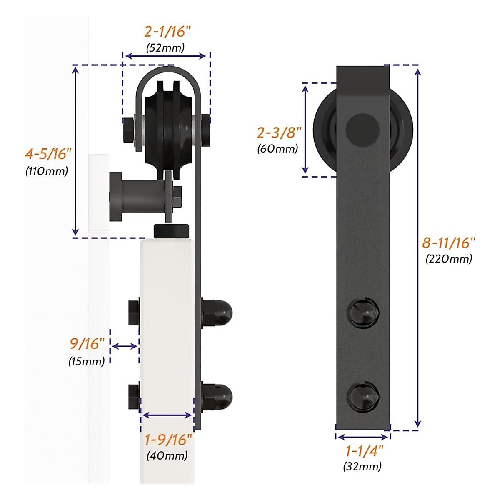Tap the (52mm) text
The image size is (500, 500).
coord(165,47)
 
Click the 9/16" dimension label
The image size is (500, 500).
coord(87,344)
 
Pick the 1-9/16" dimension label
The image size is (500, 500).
coord(168,440)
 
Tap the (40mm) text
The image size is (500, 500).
coord(167,455)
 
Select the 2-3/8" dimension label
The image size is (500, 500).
coord(279,133)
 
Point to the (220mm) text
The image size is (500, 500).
coord(449,259)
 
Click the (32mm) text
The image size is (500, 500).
coord(362,466)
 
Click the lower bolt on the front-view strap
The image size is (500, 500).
coord(363,396)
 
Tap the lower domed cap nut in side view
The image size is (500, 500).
coord(217,396)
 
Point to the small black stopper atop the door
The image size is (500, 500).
coord(171,230)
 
